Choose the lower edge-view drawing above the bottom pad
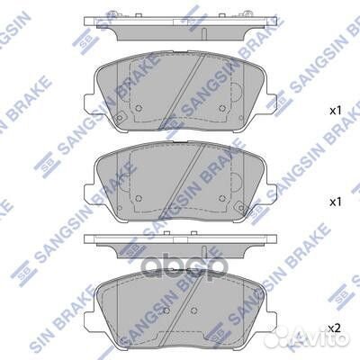click(x=180, y=242)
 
